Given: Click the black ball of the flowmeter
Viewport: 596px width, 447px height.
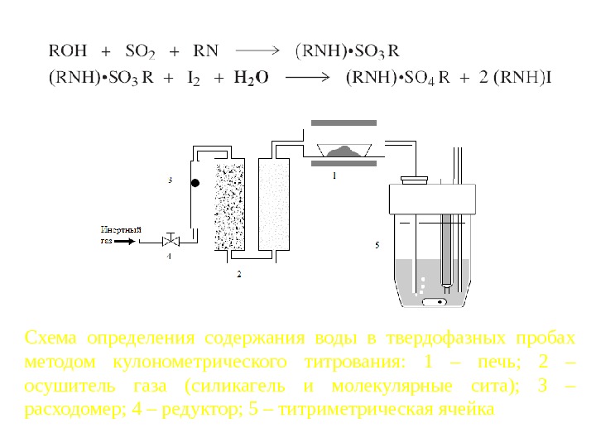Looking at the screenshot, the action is pos(195,182).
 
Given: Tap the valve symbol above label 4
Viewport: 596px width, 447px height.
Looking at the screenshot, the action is pos(171,242).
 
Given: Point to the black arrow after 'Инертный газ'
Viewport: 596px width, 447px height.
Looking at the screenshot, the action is pos(125,242).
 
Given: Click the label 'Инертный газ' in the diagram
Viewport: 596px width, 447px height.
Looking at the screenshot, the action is pos(117,234).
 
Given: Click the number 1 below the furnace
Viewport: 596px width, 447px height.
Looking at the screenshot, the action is pos(334,176).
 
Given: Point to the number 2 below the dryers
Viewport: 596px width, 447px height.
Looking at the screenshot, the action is pos(239,272).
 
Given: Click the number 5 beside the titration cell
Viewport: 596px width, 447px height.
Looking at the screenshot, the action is pos(377,245).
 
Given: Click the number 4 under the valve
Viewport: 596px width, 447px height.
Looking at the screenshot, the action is pos(170,257).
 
